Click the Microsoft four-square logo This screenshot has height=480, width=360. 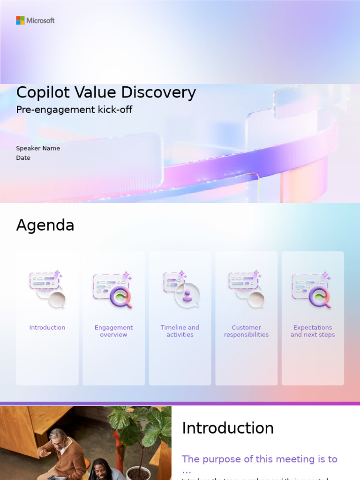tap(20, 20)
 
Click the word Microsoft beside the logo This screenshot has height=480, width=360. tap(40, 21)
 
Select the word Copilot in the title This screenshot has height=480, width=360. tap(40, 93)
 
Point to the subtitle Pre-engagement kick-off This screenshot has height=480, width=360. tap(74, 110)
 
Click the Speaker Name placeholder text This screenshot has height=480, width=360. tap(38, 148)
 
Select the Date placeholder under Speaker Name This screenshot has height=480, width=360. tap(23, 158)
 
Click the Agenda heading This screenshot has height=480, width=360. tap(45, 225)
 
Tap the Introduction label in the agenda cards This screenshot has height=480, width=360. tap(47, 328)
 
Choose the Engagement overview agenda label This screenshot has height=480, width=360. tap(113, 331)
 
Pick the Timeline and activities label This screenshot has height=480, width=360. tap(180, 331)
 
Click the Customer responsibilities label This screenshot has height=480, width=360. tap(246, 331)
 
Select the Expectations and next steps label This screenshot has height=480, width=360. tap(313, 331)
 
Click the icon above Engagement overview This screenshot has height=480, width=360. tap(113, 290)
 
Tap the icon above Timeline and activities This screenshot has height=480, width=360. tap(181, 290)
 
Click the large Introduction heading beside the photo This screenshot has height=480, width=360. tap(228, 428)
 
